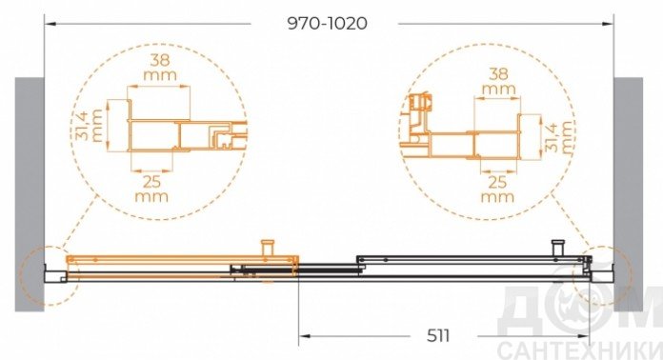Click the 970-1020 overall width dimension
(328, 23)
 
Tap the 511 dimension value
(438, 336)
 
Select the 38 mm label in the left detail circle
(160, 68)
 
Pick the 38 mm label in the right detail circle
(498, 81)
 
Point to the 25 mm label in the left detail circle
(151, 189)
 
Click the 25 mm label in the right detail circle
(497, 190)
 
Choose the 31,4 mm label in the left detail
(90, 126)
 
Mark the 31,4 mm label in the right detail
(558, 136)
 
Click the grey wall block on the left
(30, 194)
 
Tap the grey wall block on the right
(629, 194)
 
